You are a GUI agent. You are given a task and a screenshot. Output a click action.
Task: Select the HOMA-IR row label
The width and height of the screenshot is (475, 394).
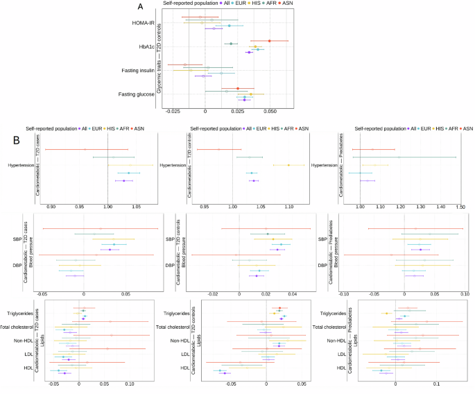[x=143, y=24]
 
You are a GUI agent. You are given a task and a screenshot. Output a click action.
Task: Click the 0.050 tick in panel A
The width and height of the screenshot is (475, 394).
[x=270, y=110]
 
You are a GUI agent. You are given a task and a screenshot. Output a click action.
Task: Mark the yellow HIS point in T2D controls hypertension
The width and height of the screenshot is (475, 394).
[x=288, y=165]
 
